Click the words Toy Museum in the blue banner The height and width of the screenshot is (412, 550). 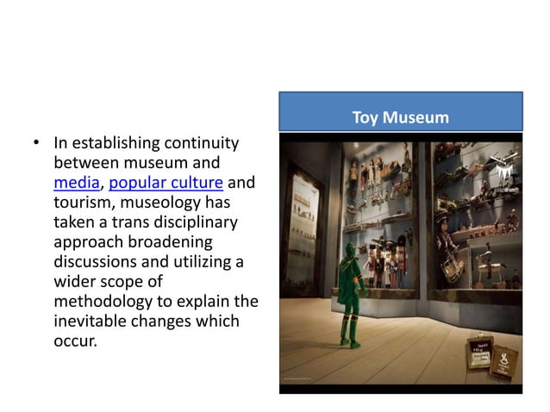click(x=401, y=117)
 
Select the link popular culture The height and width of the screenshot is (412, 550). click(x=166, y=184)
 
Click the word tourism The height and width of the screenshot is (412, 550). click(x=84, y=203)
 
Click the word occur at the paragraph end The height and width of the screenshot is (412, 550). click(x=75, y=340)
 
